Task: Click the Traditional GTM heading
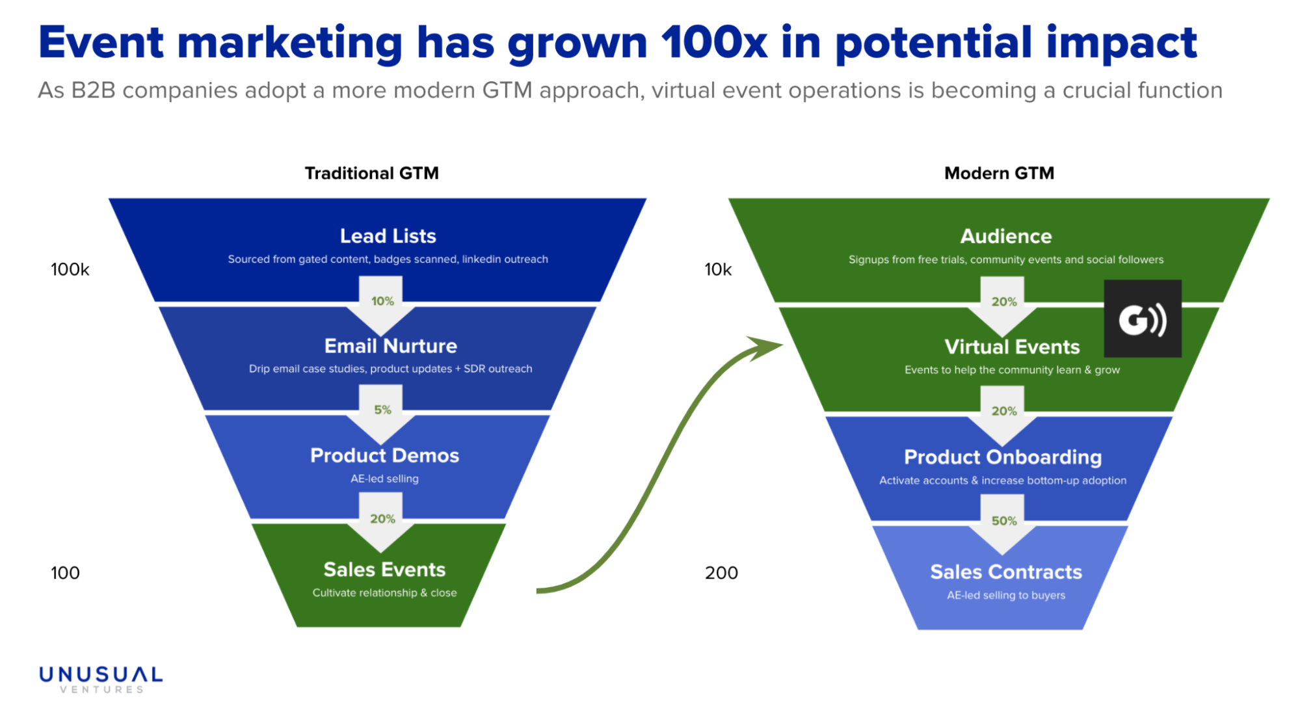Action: coord(371,173)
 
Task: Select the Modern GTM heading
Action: coord(999,173)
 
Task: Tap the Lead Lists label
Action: coord(388,235)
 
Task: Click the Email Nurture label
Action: coord(390,345)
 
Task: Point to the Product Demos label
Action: coord(384,455)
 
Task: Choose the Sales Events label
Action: coord(384,570)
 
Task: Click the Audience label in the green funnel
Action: coord(1006,235)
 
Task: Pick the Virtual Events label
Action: coord(1012,347)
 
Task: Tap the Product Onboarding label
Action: coord(1003,457)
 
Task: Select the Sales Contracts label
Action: coord(1006,572)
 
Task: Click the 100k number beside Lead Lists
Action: coord(70,269)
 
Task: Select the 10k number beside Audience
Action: coord(718,269)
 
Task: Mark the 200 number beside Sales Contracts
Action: coord(721,573)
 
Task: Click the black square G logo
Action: coord(1143,319)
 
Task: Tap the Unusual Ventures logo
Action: coord(101,680)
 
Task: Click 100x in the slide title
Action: coord(714,43)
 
